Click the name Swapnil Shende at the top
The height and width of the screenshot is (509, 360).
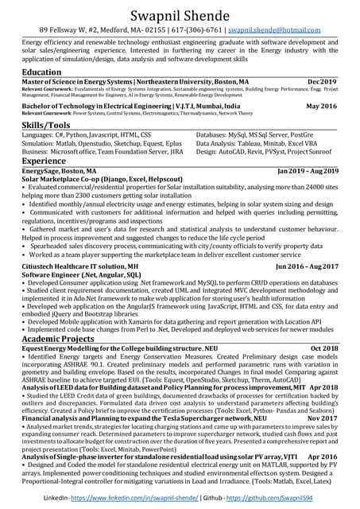[180, 14]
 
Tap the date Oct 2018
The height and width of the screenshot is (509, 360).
[324, 348]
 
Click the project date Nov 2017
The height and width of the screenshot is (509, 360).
[323, 418]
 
